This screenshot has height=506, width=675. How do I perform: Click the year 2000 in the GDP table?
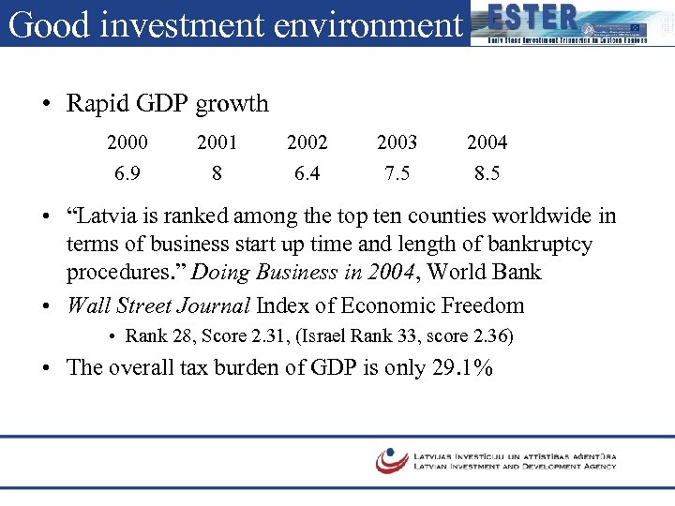click(127, 142)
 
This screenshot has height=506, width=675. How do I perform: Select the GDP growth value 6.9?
click(127, 173)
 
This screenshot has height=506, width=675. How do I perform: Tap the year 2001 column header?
click(217, 142)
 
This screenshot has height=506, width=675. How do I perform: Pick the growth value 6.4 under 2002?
click(307, 173)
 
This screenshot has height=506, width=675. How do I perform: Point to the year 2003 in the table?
click(397, 142)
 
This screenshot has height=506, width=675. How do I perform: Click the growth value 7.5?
click(397, 173)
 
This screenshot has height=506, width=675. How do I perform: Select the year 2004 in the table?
click(487, 142)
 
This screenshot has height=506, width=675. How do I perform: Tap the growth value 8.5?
click(487, 173)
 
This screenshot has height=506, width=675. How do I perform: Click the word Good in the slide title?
click(44, 24)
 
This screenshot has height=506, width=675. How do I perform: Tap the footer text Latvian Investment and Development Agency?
click(515, 466)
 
